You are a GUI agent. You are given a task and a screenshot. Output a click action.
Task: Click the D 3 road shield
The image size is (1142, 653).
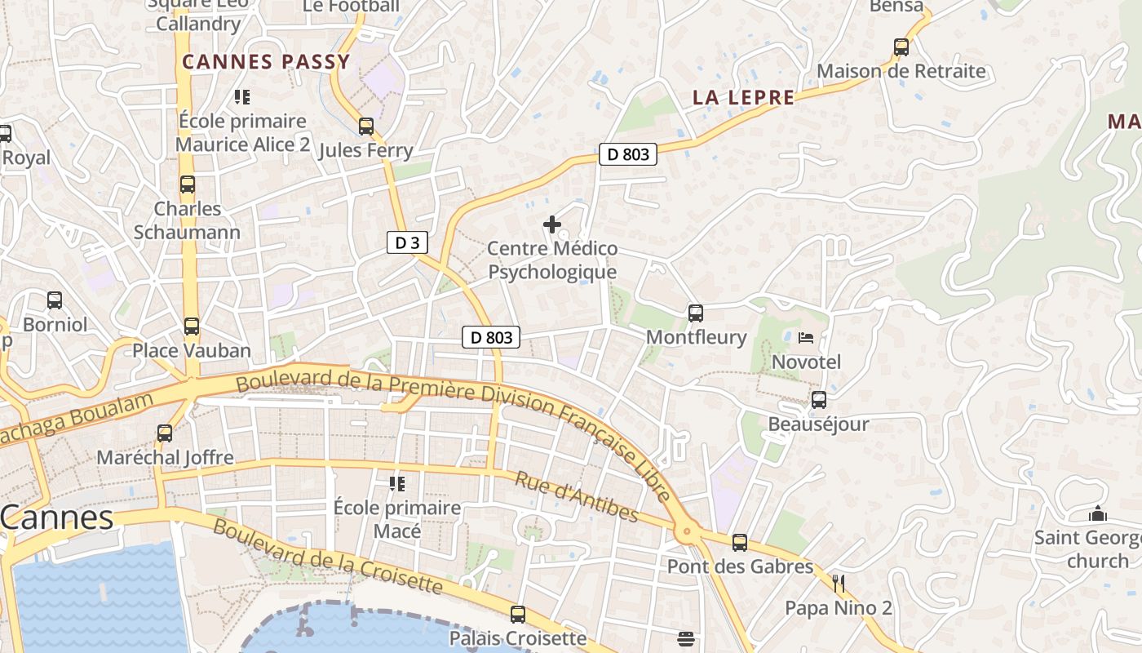(x=407, y=242)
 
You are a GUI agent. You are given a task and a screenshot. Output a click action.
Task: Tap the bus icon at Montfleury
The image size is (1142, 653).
(x=696, y=313)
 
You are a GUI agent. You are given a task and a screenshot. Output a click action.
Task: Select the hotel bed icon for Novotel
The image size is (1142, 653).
(x=806, y=337)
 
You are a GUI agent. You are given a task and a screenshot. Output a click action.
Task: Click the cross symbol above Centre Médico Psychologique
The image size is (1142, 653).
(x=552, y=224)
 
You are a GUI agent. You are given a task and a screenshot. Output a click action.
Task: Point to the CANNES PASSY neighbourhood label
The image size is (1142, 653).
(x=266, y=62)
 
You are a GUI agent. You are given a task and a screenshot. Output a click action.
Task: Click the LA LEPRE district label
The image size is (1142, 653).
(x=743, y=98)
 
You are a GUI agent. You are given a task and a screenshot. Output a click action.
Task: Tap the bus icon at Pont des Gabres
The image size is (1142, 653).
(x=740, y=542)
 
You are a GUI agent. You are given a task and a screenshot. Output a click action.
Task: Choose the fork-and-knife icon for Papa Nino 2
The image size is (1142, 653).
(x=838, y=583)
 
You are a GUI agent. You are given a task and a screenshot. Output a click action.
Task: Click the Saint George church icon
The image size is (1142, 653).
(x=1098, y=514)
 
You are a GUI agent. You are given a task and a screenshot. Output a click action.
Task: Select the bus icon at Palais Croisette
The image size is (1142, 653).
(x=518, y=614)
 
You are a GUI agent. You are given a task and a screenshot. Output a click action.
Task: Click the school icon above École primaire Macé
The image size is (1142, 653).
(x=397, y=484)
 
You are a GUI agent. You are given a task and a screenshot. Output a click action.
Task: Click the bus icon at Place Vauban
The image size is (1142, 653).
(x=192, y=326)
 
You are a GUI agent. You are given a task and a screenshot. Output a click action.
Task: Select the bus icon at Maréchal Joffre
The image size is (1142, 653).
(x=165, y=433)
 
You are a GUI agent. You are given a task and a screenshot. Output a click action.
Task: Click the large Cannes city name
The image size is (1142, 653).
(x=57, y=518)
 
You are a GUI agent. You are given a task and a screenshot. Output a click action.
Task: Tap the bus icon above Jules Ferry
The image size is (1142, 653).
(x=366, y=127)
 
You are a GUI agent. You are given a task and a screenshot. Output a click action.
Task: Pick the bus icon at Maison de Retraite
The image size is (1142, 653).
(x=901, y=47)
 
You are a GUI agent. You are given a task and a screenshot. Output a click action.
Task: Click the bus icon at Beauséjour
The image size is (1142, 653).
(x=819, y=400)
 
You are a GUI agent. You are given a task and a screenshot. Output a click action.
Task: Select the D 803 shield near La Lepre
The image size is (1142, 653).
(x=627, y=154)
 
